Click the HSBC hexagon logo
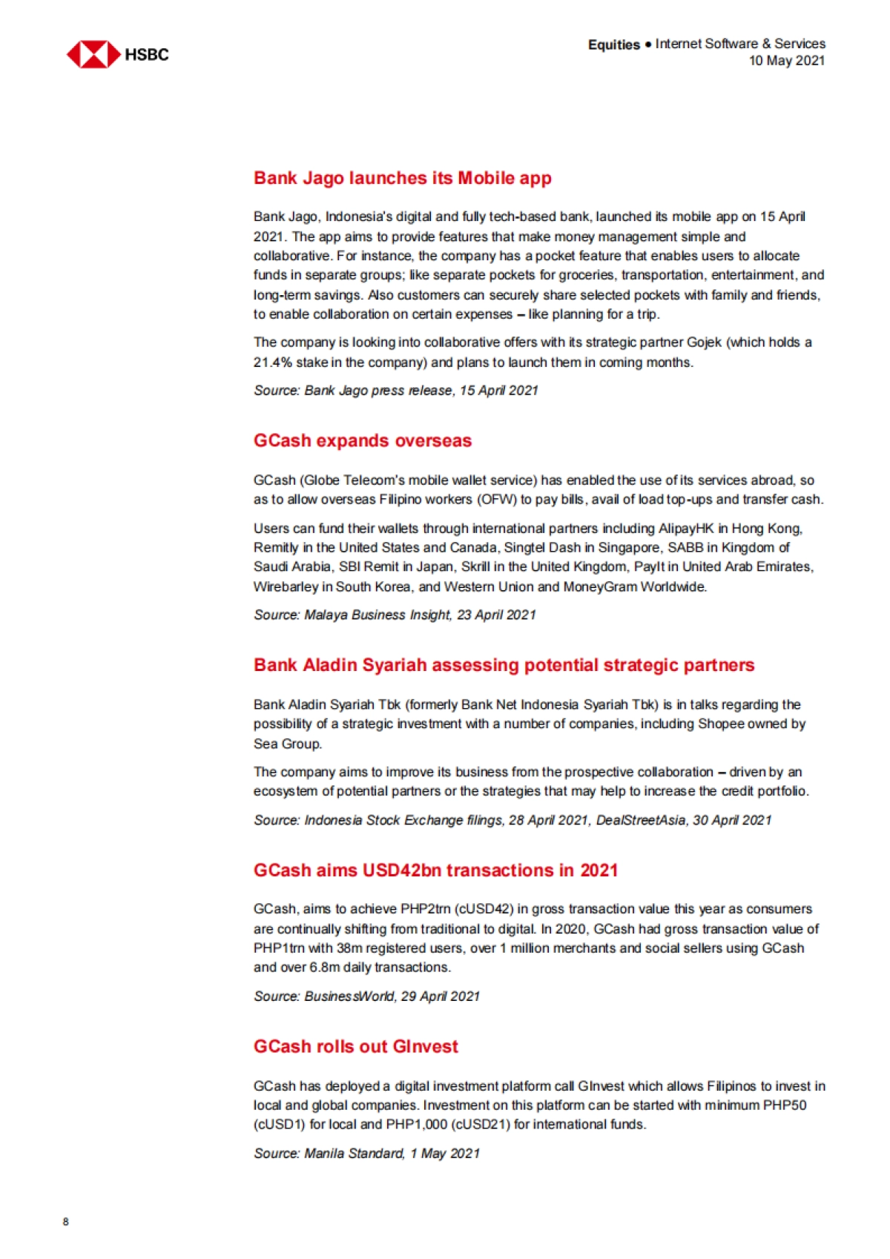[93, 55]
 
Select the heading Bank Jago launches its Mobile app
[402, 178]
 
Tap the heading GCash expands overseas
[362, 440]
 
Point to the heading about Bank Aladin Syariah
[504, 664]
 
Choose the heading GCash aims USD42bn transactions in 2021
[435, 870]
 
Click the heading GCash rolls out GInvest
[355, 1046]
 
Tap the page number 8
[66, 1221]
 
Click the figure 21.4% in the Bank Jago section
[273, 363]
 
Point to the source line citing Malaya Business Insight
[394, 615]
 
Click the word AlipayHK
[686, 529]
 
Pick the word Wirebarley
[286, 586]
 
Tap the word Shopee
[722, 724]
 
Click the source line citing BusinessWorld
[366, 996]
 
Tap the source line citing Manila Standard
[366, 1153]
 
